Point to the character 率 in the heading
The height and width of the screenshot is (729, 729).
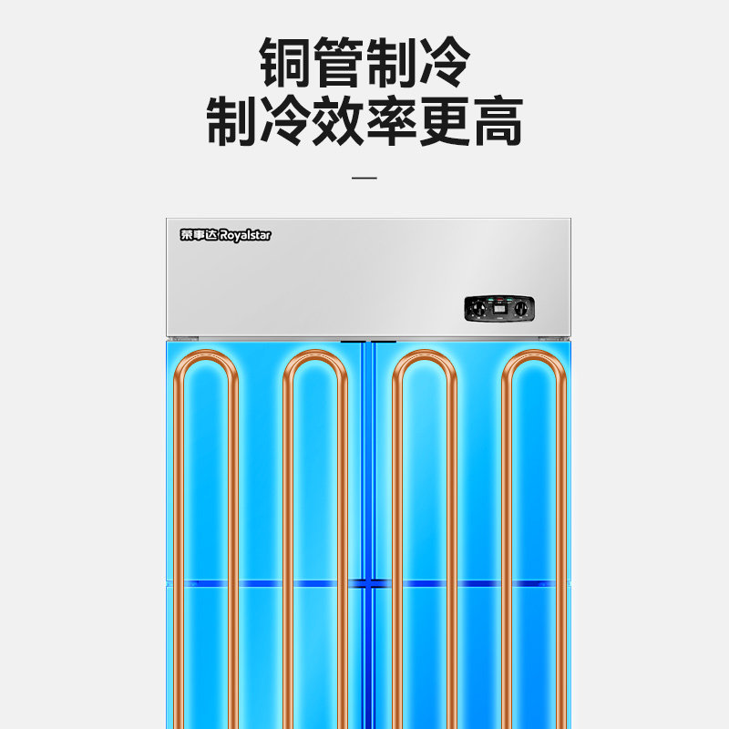click(x=391, y=121)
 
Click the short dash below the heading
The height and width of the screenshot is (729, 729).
click(x=364, y=178)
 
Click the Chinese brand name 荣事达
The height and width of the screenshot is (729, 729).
click(x=197, y=235)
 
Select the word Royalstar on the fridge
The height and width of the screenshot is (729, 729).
click(x=244, y=235)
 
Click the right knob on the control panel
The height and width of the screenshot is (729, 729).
click(x=520, y=310)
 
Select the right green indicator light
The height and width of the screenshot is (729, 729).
click(x=508, y=300)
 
